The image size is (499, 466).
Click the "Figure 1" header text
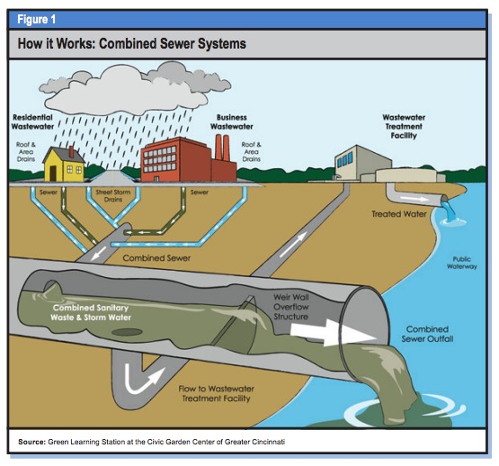click(36, 20)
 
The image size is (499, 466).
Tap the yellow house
click(64, 165)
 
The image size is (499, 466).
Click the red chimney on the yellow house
click(72, 152)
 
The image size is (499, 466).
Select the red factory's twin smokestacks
click(222, 148)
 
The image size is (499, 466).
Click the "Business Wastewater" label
click(232, 122)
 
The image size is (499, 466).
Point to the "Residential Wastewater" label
click(32, 122)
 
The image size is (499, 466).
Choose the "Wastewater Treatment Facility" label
click(404, 127)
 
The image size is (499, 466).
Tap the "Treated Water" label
click(399, 214)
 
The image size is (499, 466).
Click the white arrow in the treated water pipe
click(414, 199)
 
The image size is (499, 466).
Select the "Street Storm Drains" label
click(113, 195)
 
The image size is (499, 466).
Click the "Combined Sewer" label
click(156, 257)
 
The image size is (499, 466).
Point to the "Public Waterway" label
click(462, 263)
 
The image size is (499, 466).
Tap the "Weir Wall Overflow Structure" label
click(291, 307)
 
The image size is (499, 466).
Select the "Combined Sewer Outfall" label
click(427, 334)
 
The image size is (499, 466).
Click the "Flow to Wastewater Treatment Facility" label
click(216, 393)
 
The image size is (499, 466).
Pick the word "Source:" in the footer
click(32, 442)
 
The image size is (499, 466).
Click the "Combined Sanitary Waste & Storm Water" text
click(91, 312)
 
